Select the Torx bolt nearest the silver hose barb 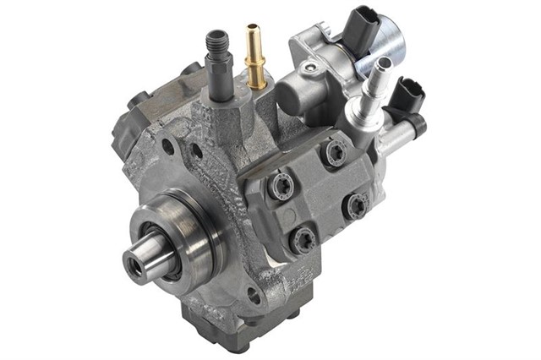(334, 152)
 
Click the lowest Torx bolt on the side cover (299, 240)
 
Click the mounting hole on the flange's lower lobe (254, 295)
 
